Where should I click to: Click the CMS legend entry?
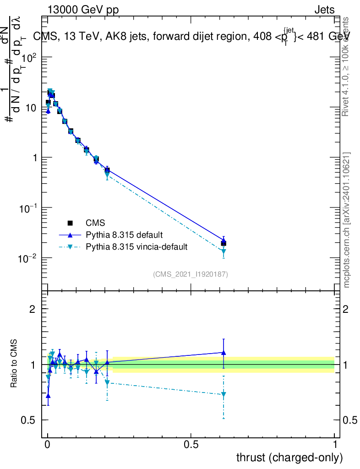pos(95,223)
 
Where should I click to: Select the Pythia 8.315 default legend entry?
pos(124,235)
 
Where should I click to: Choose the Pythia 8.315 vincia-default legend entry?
pos(136,247)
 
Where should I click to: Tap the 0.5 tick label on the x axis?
pos(191,445)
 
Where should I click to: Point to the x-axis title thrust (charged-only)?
pos(289,457)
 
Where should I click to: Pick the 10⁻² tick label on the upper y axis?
pos(28,258)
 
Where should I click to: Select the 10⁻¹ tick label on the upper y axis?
pos(28,208)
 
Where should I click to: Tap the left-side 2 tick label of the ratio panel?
pos(32,309)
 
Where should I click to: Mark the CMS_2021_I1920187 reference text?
pos(191,274)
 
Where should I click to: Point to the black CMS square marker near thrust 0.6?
pos(224,243)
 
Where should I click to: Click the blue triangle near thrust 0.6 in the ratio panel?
pos(224,353)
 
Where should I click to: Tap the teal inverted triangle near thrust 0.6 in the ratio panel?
pos(224,394)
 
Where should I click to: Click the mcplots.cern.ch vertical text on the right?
pos(347,220)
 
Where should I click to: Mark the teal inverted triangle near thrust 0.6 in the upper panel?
pos(224,251)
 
